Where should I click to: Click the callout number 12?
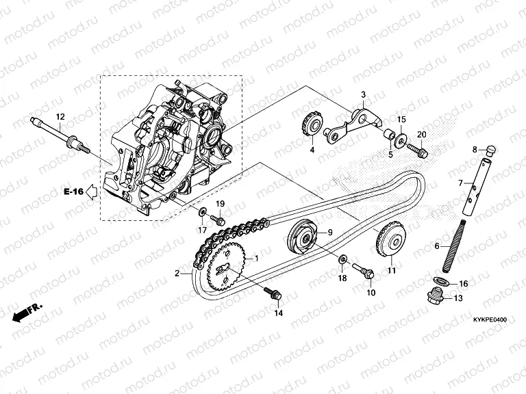pos(60,117)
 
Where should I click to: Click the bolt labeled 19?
pos(218,219)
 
